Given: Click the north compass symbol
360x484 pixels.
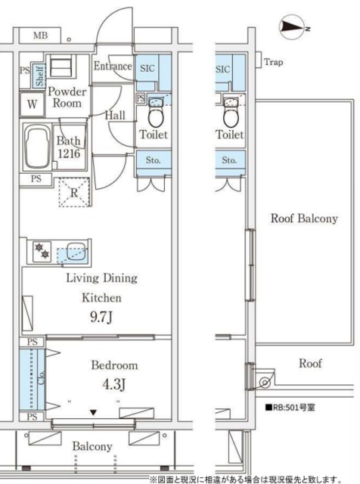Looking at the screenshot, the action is point(293,29).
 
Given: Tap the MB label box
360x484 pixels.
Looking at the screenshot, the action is point(40,36).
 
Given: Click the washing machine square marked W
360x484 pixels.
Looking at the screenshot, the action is point(32,104).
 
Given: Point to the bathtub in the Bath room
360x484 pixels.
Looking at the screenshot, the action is point(37,146).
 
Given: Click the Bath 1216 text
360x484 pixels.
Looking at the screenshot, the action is point(69,147).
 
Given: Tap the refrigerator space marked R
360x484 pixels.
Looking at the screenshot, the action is point(74,192).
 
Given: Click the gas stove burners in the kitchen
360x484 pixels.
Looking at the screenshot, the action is point(42,250).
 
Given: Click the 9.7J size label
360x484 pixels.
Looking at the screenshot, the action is point(101,317).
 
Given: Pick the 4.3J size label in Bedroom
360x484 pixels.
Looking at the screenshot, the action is point(114,384).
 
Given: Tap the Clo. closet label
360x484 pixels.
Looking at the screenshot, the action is point(41,377).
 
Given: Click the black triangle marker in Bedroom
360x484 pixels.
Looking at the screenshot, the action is point(94,412).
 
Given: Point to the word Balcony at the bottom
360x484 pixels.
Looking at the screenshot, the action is point(92,446).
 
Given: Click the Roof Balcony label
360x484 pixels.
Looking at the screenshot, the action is point(304,219).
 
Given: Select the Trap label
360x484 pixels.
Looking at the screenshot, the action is point(273,62).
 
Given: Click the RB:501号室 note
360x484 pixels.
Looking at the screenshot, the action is point(290,407).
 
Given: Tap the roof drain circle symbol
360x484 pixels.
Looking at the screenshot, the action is point(264,383).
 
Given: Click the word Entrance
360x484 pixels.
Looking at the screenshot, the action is point(113,66).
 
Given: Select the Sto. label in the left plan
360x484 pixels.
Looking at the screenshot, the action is point(153,160).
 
